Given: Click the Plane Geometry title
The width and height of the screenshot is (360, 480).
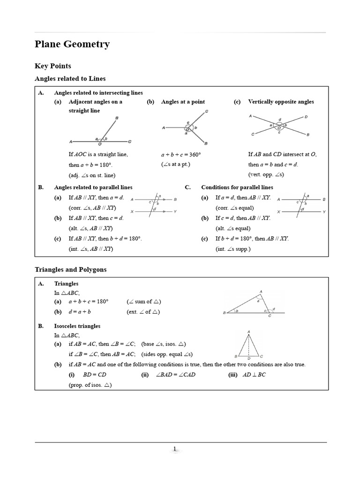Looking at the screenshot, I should (x=72, y=44).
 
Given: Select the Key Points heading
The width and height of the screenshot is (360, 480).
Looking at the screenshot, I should (x=53, y=66).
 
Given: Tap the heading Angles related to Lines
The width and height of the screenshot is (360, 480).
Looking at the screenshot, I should (x=70, y=78).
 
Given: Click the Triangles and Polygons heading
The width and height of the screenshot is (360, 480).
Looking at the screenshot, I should (x=71, y=270).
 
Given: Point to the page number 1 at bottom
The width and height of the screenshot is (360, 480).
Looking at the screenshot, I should (x=175, y=449).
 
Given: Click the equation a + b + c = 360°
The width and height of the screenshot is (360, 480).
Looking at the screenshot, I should (x=181, y=154).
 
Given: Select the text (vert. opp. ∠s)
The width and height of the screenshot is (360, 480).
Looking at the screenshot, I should (x=266, y=174).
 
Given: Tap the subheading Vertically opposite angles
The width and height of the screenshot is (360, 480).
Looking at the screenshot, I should (x=281, y=102).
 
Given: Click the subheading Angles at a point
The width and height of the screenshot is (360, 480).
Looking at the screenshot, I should (x=183, y=102).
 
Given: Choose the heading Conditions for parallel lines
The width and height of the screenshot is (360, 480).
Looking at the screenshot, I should (x=237, y=187).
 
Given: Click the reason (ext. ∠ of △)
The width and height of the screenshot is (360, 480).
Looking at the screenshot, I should (x=143, y=312).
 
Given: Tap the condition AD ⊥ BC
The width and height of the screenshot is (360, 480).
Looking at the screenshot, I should (x=255, y=375).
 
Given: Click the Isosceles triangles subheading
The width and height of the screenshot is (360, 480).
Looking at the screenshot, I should (x=77, y=326).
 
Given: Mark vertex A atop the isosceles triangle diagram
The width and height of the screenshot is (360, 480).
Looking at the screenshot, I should (x=248, y=332).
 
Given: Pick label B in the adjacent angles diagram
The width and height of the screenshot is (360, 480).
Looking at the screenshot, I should (x=116, y=119).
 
